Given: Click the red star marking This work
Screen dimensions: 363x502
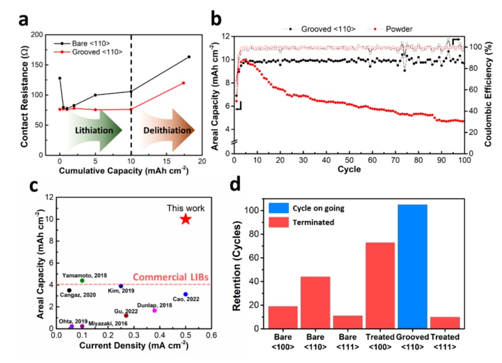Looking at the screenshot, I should (186, 219).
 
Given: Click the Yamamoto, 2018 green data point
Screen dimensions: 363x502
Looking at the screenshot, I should (82, 280).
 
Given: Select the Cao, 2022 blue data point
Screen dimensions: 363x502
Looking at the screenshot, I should (186, 294).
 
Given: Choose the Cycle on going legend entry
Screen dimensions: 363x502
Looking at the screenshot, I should (311, 208).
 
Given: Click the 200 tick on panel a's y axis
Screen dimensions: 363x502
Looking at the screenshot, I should (41, 35).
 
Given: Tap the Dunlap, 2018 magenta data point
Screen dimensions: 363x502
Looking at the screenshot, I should (154, 310).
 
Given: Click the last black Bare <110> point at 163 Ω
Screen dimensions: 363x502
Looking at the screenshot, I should (189, 56).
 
